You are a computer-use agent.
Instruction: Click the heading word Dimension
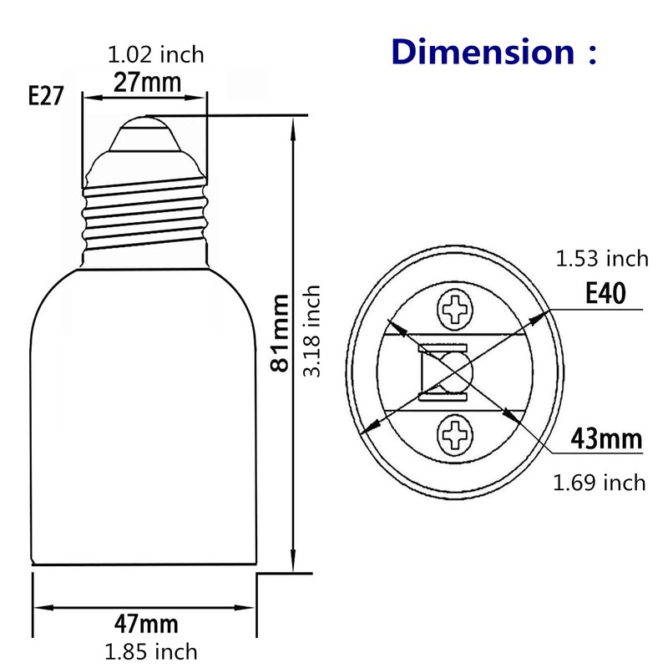(x=482, y=52)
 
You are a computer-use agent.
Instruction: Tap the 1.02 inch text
(x=156, y=56)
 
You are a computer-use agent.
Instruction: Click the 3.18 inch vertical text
(x=311, y=331)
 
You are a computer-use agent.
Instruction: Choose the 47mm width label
(x=143, y=624)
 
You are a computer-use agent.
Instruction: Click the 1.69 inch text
(x=600, y=482)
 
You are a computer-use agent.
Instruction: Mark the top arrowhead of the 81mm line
(x=292, y=124)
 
